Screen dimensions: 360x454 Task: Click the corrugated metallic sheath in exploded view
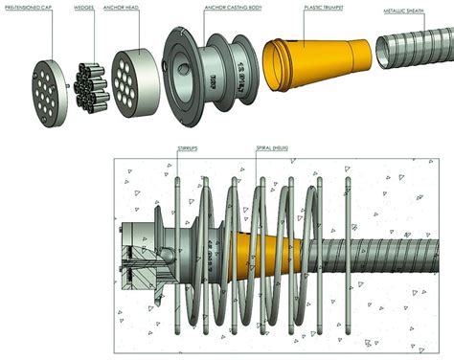412,52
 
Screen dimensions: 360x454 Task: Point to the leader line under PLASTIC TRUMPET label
308,29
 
